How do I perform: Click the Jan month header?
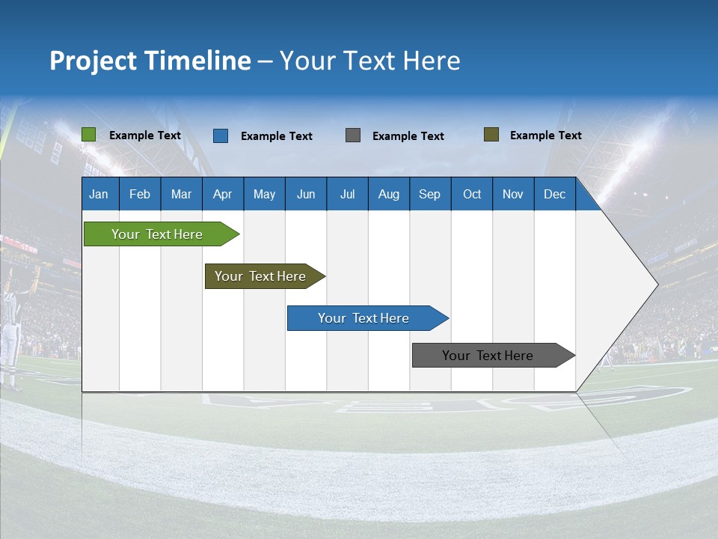pos(99,194)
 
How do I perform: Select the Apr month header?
pos(222,194)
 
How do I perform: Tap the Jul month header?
pos(347,194)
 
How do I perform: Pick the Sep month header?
pos(429,194)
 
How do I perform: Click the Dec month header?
pos(554,194)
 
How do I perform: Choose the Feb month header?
pos(140,194)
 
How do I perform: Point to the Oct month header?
pos(472,194)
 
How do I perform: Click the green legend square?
pos(89,135)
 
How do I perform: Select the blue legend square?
pos(221,135)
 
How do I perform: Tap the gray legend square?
pos(353,135)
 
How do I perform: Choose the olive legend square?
pos(491,135)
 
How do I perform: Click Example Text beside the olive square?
pos(545,135)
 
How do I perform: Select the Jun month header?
pos(306,194)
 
